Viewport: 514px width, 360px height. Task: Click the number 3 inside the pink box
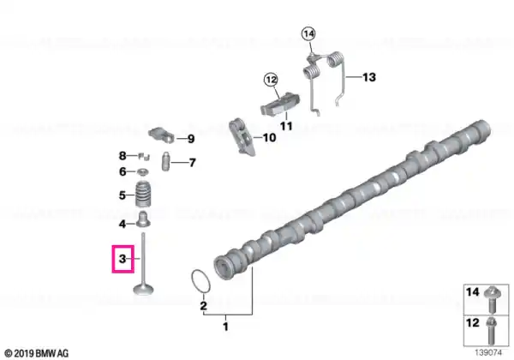pos(123,259)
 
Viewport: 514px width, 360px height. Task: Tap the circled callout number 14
pos(308,33)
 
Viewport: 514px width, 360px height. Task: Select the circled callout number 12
pos(271,80)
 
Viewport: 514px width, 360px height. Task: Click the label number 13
pos(368,77)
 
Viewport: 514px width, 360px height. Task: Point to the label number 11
pos(286,126)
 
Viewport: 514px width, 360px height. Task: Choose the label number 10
pos(269,137)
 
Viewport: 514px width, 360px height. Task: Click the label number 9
pos(191,139)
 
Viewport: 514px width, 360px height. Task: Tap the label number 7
pos(193,162)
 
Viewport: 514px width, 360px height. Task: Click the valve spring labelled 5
pos(143,194)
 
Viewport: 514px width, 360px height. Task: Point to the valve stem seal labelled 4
pos(143,220)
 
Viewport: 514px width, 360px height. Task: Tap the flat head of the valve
pos(143,290)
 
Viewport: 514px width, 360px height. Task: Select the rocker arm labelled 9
pos(161,135)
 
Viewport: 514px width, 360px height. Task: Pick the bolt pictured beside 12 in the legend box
pos(491,331)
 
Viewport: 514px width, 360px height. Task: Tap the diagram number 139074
pos(488,353)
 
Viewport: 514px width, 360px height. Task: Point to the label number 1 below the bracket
pos(225,327)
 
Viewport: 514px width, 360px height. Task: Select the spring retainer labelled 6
pos(143,171)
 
